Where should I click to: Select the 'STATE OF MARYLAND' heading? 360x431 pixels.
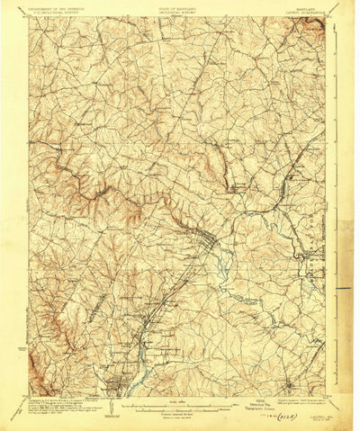(x=176, y=8)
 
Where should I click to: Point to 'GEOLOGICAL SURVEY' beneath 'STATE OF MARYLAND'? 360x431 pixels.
(x=176, y=13)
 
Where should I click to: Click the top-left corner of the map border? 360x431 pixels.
(x=28, y=17)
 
